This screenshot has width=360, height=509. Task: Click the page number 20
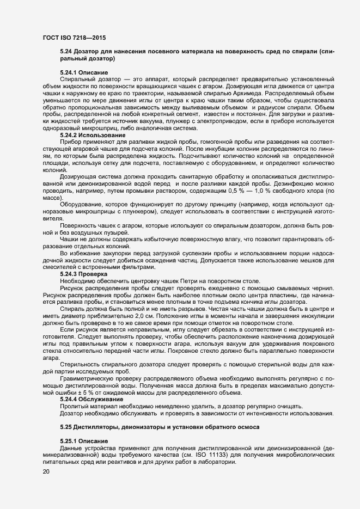pos(46,471)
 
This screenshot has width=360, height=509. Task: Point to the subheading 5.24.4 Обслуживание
pos(90,399)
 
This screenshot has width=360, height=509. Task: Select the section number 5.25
pos(66,426)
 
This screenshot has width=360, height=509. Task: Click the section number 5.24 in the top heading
pos(66,51)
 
